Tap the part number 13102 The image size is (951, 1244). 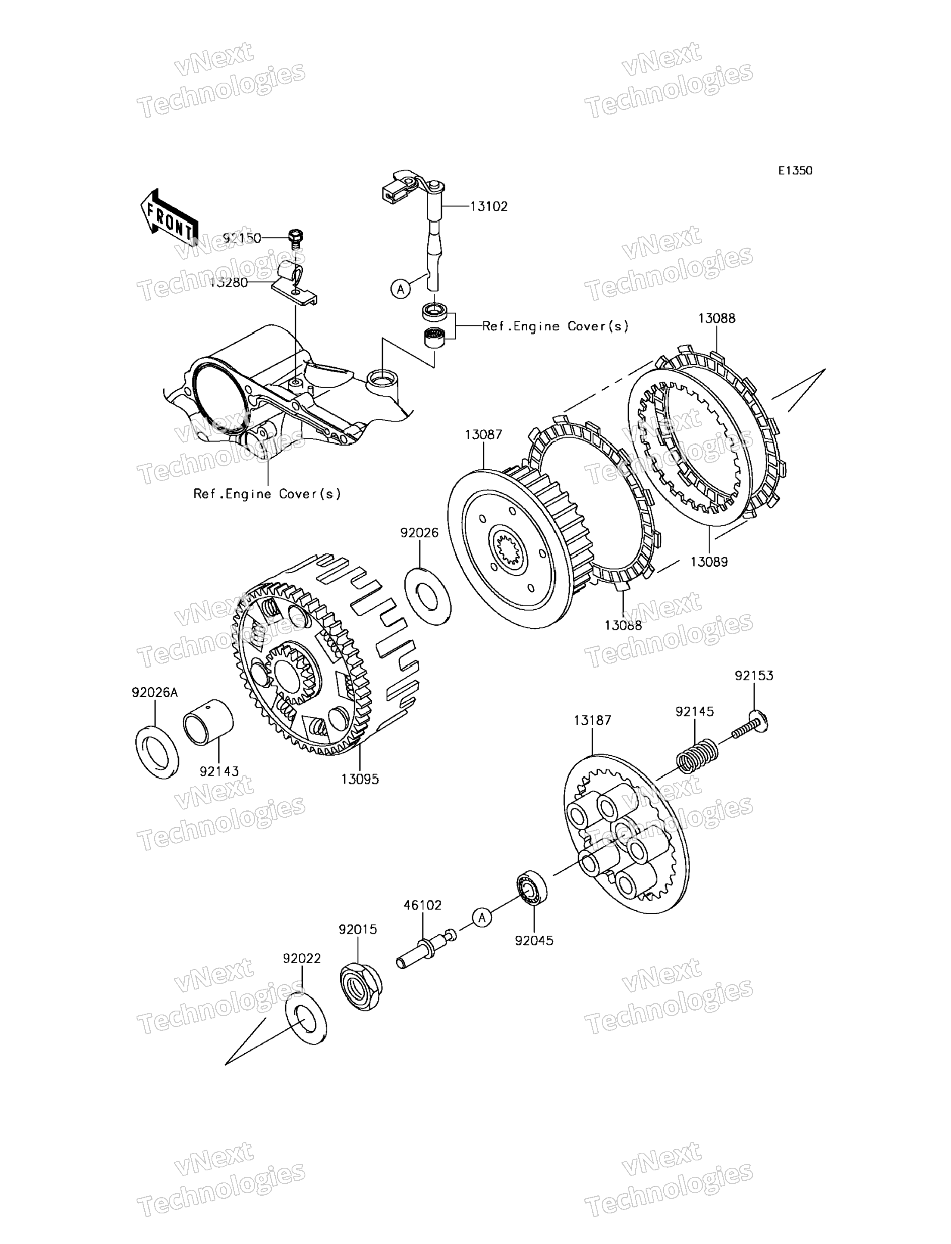[x=489, y=207]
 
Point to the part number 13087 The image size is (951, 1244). [x=483, y=434]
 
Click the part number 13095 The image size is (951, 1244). [x=360, y=779]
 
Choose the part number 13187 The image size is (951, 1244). [x=592, y=720]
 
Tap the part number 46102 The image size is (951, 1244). [x=422, y=905]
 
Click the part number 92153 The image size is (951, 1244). [x=754, y=675]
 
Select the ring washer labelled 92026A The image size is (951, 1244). [x=157, y=751]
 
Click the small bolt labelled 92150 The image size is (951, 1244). [x=295, y=238]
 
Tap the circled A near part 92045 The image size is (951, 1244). [x=482, y=918]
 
